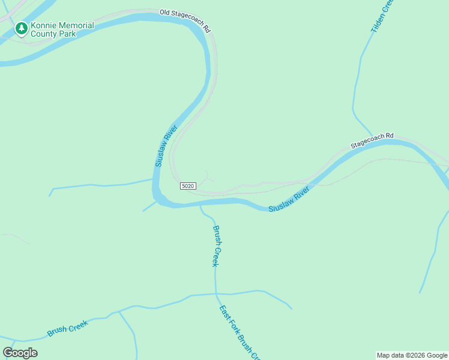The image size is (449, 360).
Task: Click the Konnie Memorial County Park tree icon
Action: point(22,28)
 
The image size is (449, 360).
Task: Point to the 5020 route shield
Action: point(188,186)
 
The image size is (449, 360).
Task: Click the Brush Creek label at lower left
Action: point(67,328)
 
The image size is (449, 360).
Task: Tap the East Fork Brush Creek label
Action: point(239,333)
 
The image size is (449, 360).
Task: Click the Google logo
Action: point(20,353)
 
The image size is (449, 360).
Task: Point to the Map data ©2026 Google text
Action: point(412,355)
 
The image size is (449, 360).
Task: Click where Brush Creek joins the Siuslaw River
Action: point(200,205)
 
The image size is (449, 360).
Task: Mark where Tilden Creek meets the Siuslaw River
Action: point(373,140)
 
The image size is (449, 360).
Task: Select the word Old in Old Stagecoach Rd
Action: point(166,12)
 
